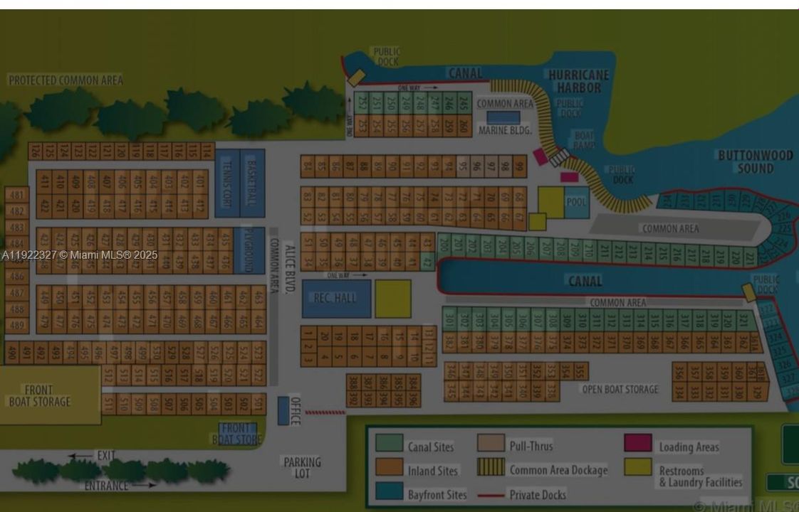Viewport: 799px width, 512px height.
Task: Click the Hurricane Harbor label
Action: [578, 81]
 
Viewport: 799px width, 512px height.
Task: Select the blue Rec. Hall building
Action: [336, 298]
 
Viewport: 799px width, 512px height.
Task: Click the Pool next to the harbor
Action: [576, 202]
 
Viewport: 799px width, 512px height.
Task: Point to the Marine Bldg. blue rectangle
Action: [503, 117]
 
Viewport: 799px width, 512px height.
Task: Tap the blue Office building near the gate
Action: [283, 410]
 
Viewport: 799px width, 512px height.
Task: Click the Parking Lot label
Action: [302, 467]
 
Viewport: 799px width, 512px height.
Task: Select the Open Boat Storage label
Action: [620, 390]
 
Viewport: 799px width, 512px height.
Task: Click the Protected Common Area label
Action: [66, 80]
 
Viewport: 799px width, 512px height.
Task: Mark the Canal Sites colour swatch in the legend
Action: [389, 444]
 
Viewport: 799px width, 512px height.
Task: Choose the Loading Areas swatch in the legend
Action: [637, 443]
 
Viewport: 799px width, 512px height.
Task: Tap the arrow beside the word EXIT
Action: [80, 456]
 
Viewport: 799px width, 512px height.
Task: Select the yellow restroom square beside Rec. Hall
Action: [392, 298]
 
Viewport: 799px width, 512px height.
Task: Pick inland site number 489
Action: [16, 325]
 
